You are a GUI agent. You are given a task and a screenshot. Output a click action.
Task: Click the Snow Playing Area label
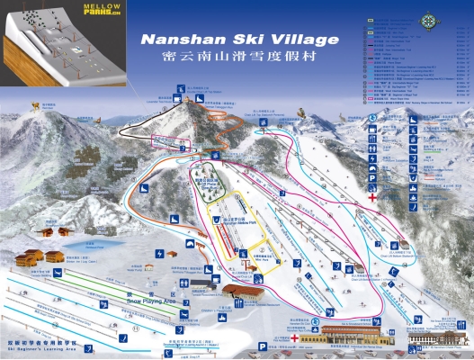(x=154, y=292)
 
